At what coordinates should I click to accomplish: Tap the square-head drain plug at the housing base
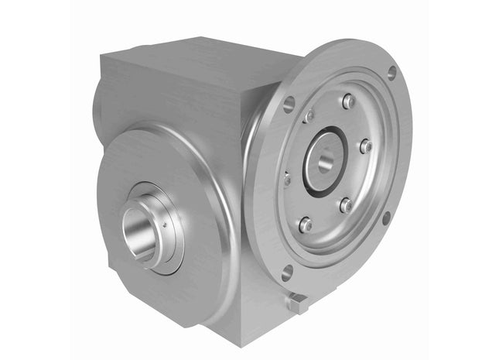(x=296, y=303)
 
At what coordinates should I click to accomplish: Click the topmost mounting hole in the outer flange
(x=391, y=72)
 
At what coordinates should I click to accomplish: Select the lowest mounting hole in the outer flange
(x=287, y=272)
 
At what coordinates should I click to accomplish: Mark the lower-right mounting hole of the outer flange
(x=386, y=218)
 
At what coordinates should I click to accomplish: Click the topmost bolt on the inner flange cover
(x=348, y=101)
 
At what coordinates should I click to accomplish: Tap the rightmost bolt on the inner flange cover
(x=366, y=146)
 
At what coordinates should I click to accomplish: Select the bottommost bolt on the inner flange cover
(x=306, y=225)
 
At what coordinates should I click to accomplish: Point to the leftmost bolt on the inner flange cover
(x=287, y=178)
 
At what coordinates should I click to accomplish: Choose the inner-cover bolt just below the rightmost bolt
(x=346, y=205)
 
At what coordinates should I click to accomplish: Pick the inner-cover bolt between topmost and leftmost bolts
(x=309, y=117)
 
